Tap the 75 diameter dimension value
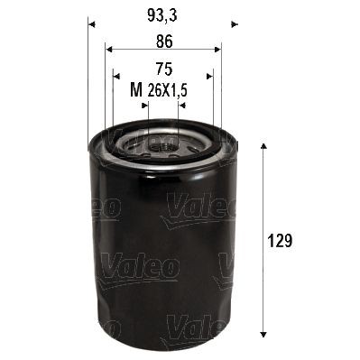point(163,68)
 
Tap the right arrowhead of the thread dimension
point(182,105)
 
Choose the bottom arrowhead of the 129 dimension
point(263,331)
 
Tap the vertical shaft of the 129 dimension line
point(263,208)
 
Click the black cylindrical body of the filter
point(163,253)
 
